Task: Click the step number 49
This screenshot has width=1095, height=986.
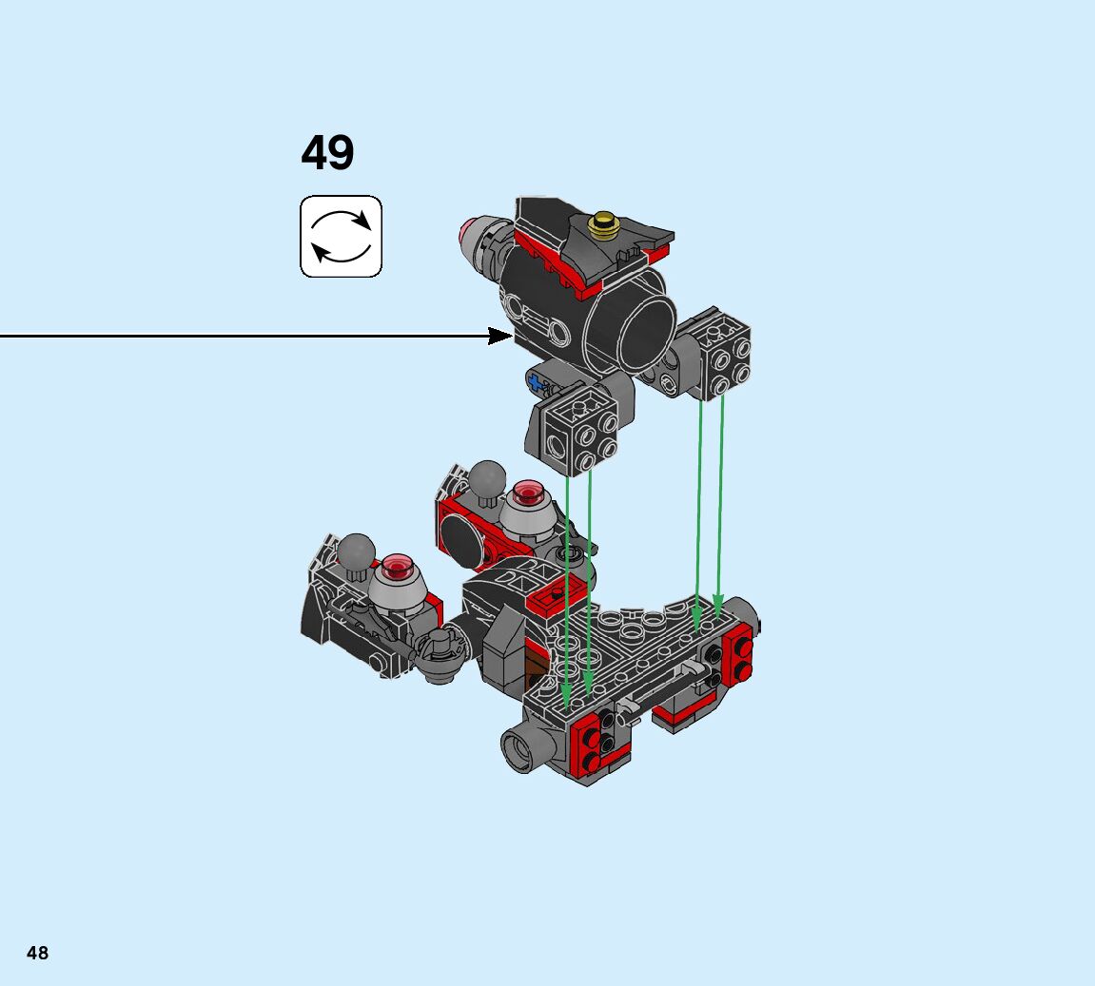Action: (327, 152)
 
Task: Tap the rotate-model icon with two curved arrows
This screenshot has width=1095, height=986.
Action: (341, 237)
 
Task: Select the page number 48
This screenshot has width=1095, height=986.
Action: (38, 953)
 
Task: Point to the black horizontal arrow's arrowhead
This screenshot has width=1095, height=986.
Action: (500, 337)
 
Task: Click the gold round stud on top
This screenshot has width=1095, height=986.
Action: (602, 224)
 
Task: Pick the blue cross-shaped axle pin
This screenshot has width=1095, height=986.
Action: (535, 383)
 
